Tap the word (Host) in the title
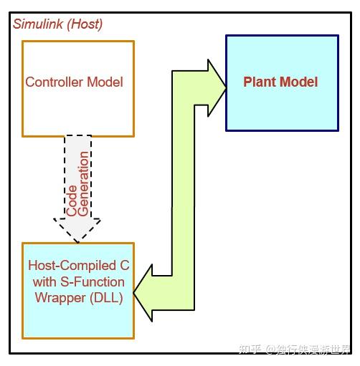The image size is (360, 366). (x=85, y=24)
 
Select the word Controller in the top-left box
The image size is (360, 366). (x=53, y=82)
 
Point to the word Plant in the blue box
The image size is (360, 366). (x=259, y=81)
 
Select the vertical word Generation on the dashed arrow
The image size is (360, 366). (x=84, y=183)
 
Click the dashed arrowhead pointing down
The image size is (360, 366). (x=78, y=227)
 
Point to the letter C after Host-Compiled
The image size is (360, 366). (x=125, y=265)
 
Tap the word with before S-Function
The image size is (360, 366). (x=46, y=281)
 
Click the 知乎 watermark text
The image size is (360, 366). (x=249, y=349)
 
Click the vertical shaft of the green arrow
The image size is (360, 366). (x=183, y=186)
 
